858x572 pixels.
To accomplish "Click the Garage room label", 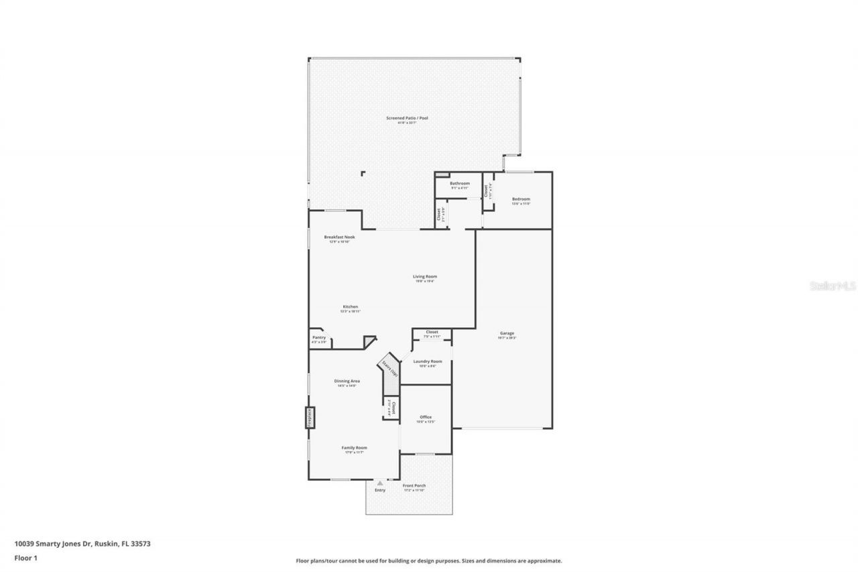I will (506, 333).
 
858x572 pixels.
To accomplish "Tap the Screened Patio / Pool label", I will (407, 118).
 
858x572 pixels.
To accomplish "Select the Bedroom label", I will (521, 199).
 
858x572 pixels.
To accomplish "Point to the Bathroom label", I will (459, 183).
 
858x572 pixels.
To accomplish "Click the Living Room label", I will (424, 276).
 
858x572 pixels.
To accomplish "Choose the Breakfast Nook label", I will (339, 237).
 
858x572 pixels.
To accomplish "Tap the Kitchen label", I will (351, 306).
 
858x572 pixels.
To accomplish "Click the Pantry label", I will (319, 337).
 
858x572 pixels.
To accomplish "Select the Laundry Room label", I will (427, 361).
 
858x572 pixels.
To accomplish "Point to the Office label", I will (426, 417).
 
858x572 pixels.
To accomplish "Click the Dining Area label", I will (347, 381).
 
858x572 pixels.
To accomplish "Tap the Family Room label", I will (354, 447).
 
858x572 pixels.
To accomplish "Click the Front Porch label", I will (414, 485).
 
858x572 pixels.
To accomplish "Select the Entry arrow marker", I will (380, 482).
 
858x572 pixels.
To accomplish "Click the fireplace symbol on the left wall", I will (310, 416).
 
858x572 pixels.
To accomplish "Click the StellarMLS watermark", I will (833, 286).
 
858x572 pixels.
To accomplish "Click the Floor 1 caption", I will (25, 557).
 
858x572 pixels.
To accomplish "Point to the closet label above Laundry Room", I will (432, 332).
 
